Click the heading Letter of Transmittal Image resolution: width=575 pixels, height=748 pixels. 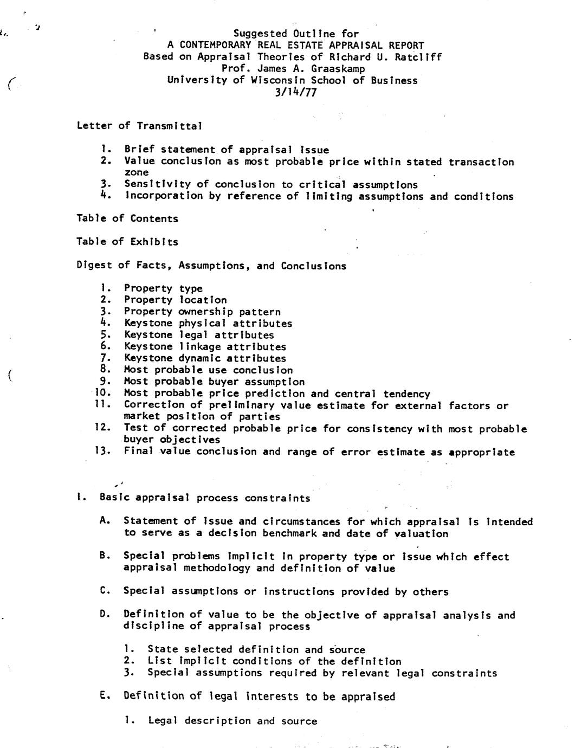pyautogui.click(x=139, y=126)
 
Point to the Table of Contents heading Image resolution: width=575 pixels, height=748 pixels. pyautogui.click(x=127, y=218)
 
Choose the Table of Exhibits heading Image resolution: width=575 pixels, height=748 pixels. pyautogui.click(x=127, y=242)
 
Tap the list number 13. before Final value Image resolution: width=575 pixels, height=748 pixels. pyautogui.click(x=102, y=451)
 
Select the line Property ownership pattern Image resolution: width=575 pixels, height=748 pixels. pyautogui.click(x=202, y=312)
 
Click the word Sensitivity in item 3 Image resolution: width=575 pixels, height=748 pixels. pyautogui.click(x=157, y=185)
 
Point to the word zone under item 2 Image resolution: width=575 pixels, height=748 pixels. pyautogui.click(x=136, y=172)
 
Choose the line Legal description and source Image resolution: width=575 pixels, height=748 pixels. pyautogui.click(x=232, y=721)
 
